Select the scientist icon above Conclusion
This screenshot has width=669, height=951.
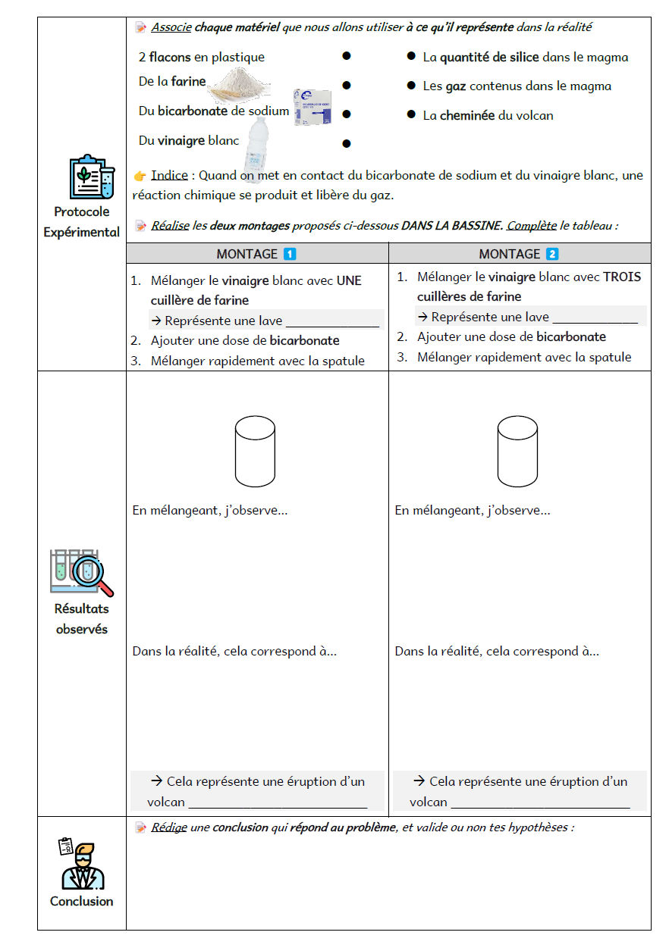pyautogui.click(x=81, y=865)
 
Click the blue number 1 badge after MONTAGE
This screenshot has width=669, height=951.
pyautogui.click(x=289, y=254)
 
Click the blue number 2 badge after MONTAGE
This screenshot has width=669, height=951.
pyautogui.click(x=551, y=254)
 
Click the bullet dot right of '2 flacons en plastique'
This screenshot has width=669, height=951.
pyautogui.click(x=346, y=56)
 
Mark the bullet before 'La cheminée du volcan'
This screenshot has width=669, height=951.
pyautogui.click(x=411, y=115)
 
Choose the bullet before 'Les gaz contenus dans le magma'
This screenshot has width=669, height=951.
pyautogui.click(x=411, y=86)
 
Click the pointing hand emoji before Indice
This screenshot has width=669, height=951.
pyautogui.click(x=140, y=176)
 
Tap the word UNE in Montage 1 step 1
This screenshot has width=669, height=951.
pyautogui.click(x=349, y=280)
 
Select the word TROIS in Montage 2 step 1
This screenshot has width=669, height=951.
pyautogui.click(x=622, y=277)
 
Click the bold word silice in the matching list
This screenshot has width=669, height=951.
pyautogui.click(x=521, y=57)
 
